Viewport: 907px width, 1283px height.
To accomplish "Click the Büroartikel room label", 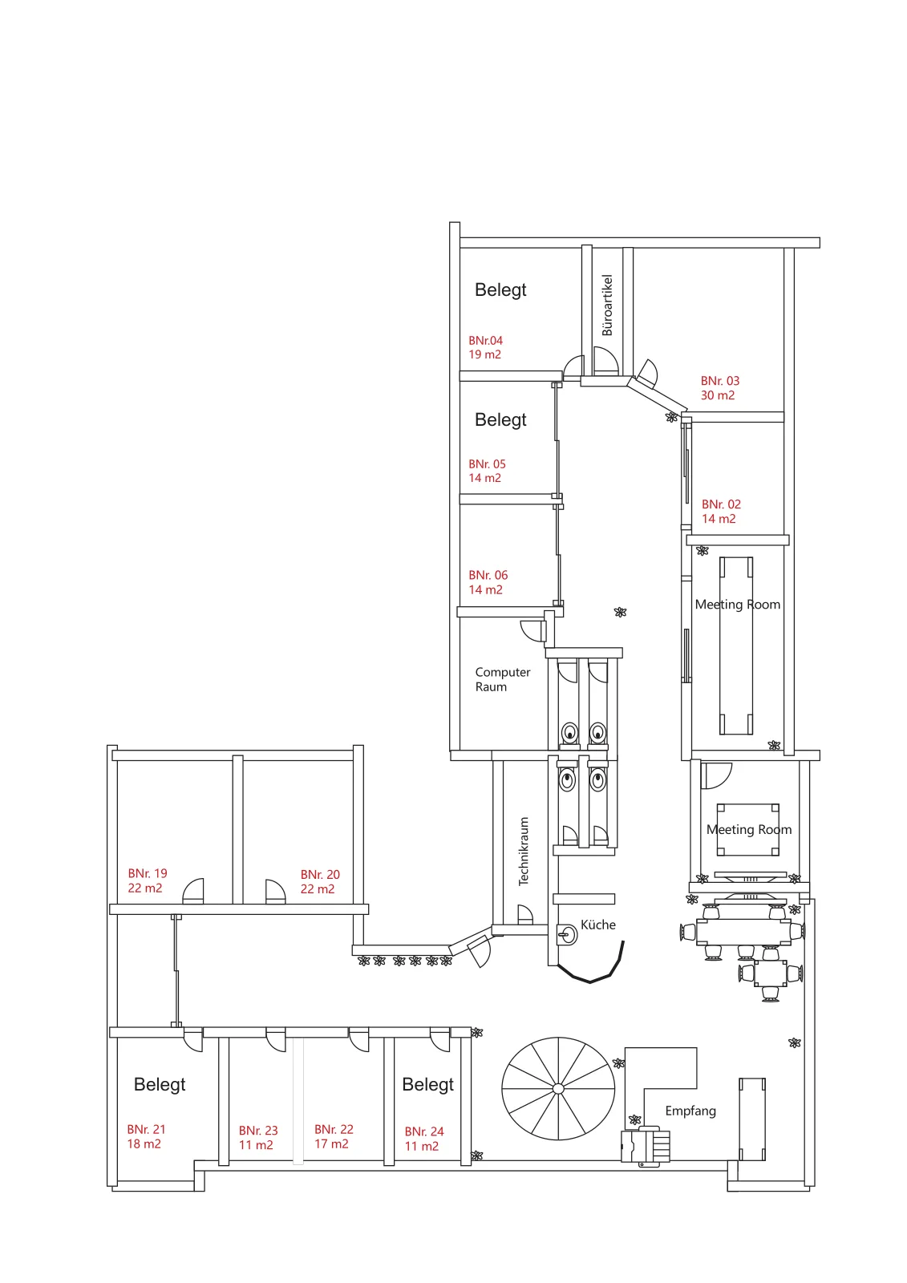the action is click(607, 305).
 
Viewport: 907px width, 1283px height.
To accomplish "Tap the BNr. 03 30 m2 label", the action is click(719, 388).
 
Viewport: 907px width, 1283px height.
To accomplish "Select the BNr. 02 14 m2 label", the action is click(721, 512).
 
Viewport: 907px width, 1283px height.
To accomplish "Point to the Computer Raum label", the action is click(503, 679).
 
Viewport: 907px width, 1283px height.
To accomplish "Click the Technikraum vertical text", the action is click(523, 851).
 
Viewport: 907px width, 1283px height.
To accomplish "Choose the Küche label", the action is click(597, 925).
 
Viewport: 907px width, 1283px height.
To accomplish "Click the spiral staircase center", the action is click(558, 1088).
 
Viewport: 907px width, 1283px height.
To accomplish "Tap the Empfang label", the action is click(690, 1111).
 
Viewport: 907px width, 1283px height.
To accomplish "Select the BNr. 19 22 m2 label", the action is click(148, 880).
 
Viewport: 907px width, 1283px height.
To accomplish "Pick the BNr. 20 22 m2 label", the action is click(320, 881).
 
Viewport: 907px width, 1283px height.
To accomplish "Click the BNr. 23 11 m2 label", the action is click(258, 1138).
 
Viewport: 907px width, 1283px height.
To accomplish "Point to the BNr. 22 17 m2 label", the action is click(334, 1136).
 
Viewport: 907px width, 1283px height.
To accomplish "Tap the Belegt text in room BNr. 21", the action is click(160, 1084).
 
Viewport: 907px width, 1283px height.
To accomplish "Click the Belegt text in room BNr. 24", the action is click(427, 1084).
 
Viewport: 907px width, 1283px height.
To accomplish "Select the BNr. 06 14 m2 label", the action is click(488, 582).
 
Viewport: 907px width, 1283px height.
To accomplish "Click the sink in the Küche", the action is click(567, 935).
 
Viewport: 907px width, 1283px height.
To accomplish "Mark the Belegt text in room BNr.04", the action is click(500, 289).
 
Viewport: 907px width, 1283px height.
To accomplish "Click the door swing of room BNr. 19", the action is click(193, 891).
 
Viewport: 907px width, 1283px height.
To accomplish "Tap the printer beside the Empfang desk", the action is click(645, 1147).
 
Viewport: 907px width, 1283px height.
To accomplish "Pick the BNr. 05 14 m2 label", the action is click(487, 471).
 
